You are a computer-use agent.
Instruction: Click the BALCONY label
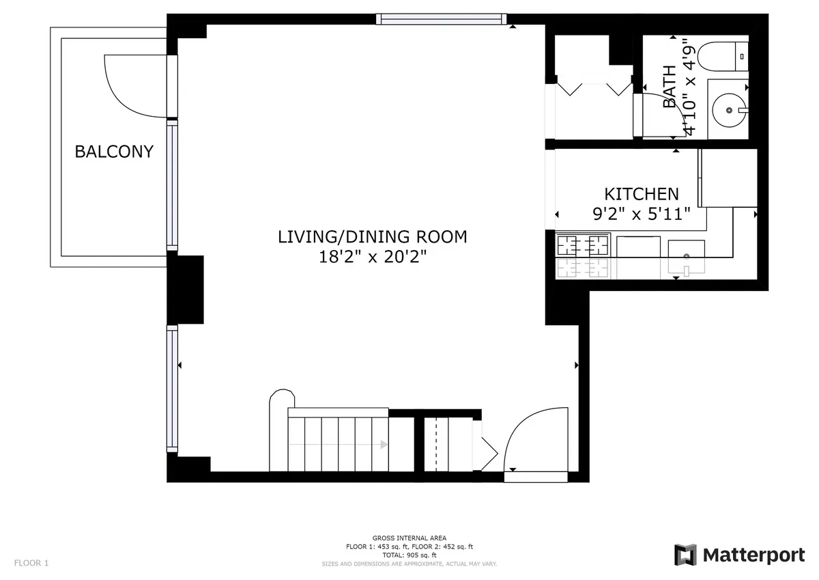[x=114, y=152]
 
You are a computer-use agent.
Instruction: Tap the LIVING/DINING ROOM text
[x=372, y=237]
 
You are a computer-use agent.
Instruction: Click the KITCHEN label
[x=642, y=194]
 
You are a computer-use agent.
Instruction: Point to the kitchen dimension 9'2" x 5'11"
[x=642, y=213]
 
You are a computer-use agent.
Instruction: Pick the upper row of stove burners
[x=584, y=243]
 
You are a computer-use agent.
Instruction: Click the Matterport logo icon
[x=685, y=555]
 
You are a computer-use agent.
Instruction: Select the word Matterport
[x=753, y=555]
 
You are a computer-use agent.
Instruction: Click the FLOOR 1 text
[x=31, y=564]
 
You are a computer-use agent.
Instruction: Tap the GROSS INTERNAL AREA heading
[x=409, y=538]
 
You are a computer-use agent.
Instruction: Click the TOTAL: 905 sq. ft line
[x=409, y=555]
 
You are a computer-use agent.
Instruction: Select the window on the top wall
[x=442, y=19]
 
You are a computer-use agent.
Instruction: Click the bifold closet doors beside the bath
[x=594, y=89]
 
